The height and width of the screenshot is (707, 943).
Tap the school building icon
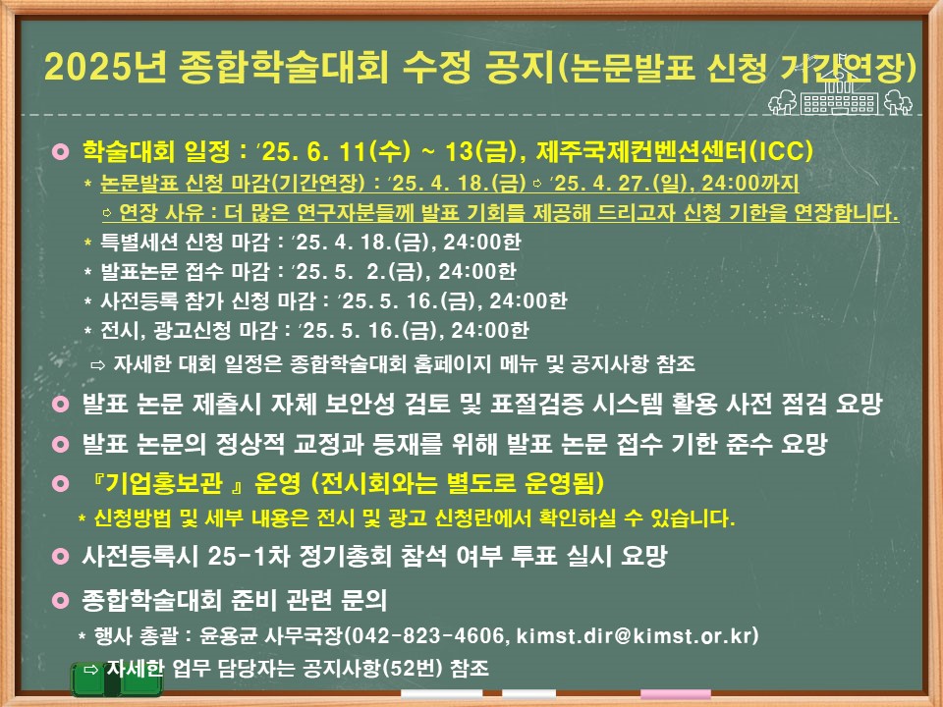click(x=840, y=95)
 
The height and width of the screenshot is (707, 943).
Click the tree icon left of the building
click(x=783, y=101)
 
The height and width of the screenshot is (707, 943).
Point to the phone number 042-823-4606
click(x=427, y=635)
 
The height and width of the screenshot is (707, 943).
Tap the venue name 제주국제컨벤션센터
click(x=641, y=150)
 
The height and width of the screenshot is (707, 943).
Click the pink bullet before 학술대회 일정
click(x=61, y=151)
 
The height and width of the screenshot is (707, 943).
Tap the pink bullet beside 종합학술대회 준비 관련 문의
click(x=61, y=600)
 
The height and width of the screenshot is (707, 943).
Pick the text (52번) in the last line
click(x=413, y=668)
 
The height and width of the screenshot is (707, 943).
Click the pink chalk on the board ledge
click(x=676, y=694)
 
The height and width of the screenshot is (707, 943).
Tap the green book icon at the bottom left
click(x=117, y=680)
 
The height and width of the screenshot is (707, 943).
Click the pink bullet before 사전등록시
click(x=61, y=556)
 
